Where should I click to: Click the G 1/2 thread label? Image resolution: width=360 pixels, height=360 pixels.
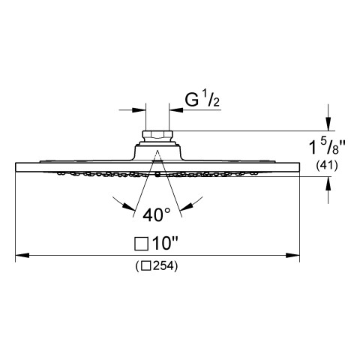[x=202, y=100]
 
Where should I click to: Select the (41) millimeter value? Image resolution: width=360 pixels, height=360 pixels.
[x=327, y=165]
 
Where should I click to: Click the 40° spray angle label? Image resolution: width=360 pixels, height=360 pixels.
[x=157, y=214]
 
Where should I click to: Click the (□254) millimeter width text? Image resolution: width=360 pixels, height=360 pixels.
[x=157, y=266]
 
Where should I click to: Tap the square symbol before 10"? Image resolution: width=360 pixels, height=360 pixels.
[x=141, y=244]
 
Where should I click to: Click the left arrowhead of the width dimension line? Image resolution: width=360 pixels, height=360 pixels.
[x=22, y=256]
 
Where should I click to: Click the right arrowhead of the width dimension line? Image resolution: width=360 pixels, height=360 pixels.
[x=292, y=256]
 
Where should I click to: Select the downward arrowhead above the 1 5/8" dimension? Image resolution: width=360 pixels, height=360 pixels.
[x=328, y=124]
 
